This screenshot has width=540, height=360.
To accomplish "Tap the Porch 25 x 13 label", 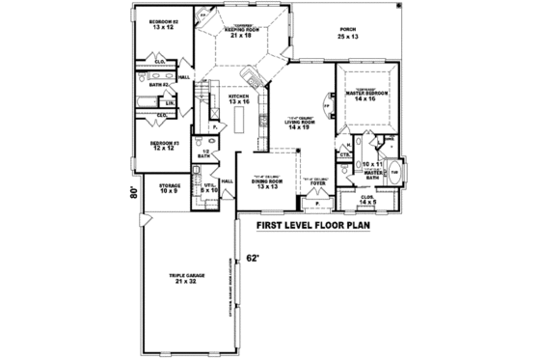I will [x=348, y=34].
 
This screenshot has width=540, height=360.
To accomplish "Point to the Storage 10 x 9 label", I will [x=170, y=189].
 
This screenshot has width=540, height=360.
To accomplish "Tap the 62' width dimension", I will [x=254, y=258].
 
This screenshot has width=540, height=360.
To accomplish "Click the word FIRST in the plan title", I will [x=273, y=230].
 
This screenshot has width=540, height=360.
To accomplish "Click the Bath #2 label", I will [x=159, y=84].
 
